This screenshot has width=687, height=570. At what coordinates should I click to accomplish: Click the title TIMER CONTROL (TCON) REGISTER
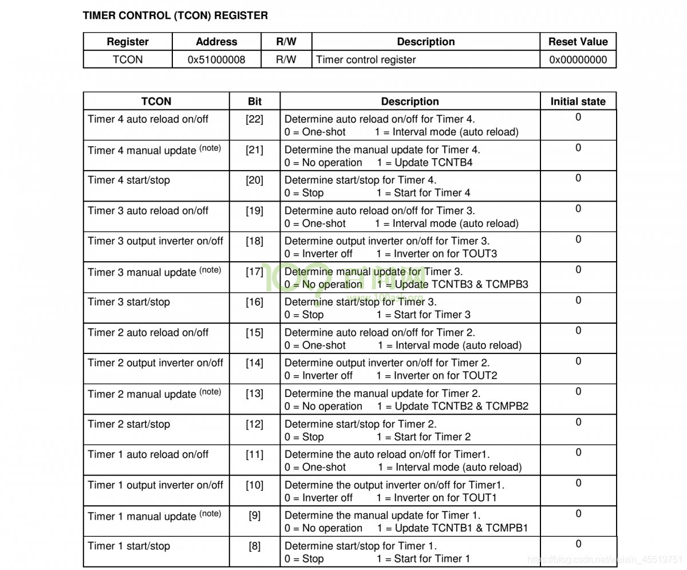point(175,15)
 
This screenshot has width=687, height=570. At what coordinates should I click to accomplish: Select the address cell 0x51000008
point(216,60)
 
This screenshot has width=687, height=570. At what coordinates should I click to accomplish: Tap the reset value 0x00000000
point(578,60)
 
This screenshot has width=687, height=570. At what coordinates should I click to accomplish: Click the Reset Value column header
point(578,42)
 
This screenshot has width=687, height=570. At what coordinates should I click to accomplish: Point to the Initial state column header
point(578,101)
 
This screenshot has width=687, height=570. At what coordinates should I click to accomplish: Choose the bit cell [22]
point(255,119)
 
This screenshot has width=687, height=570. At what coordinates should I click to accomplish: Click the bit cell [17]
point(255,272)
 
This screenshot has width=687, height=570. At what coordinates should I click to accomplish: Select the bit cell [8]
point(255,546)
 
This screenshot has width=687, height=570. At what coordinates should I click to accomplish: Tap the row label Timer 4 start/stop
point(129,180)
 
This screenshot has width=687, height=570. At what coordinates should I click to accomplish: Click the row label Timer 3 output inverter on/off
point(155,241)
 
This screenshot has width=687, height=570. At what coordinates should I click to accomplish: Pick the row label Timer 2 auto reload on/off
point(148,332)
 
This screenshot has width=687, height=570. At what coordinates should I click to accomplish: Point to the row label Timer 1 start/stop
point(129,546)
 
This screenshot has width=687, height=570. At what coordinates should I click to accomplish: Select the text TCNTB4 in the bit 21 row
point(451,163)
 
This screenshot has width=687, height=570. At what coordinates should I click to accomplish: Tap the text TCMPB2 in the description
point(507,406)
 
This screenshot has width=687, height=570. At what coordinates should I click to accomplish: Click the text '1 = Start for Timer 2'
point(424,437)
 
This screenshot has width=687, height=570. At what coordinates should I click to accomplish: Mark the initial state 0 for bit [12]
point(578,422)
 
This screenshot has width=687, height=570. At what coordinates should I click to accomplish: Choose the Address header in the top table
point(216,42)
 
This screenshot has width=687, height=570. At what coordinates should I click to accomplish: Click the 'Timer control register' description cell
point(366,60)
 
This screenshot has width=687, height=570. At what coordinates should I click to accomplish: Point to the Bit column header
point(255,101)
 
